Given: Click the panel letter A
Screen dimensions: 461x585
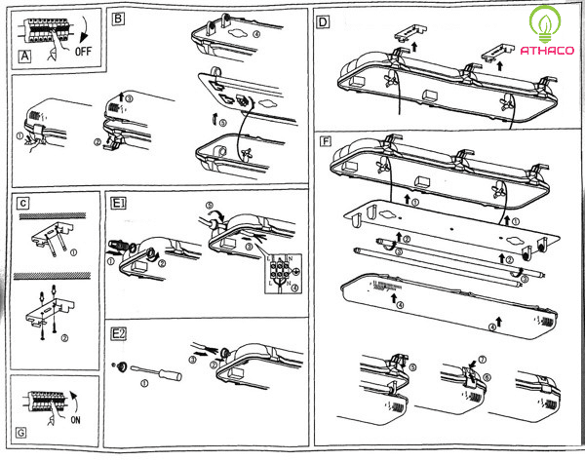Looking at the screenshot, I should point(24,57).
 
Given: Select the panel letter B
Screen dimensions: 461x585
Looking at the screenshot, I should point(118,18).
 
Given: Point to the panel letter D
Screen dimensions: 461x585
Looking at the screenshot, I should point(322,19).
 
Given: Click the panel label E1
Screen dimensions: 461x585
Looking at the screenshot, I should point(118,205).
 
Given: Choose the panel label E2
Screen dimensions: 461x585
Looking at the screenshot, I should point(118,334).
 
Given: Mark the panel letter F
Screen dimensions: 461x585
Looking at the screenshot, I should point(326,141).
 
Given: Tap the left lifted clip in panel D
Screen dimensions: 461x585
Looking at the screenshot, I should point(405,33).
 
